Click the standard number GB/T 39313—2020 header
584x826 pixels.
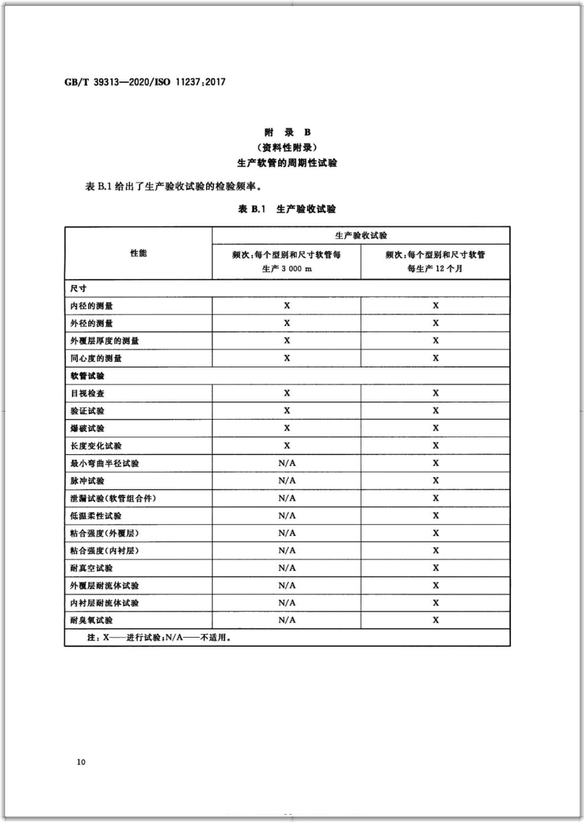(145, 82)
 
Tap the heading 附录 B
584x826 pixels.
(287, 132)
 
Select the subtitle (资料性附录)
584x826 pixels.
(287, 148)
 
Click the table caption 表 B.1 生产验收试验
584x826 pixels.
(287, 209)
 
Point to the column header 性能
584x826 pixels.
(138, 253)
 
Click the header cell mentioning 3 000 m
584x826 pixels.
(287, 262)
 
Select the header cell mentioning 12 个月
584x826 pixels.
(435, 262)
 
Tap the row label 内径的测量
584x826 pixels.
(91, 306)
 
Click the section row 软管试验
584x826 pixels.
(88, 376)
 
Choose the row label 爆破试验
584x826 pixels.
(88, 428)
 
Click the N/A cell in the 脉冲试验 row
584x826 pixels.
(287, 481)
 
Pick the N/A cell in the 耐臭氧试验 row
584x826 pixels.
(287, 620)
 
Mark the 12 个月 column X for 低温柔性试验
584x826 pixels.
(435, 516)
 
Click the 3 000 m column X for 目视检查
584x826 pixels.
(287, 393)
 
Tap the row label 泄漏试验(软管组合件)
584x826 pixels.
(113, 498)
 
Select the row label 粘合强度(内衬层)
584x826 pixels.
(104, 551)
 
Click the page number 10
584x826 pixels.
(81, 762)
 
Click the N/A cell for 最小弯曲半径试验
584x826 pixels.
(287, 463)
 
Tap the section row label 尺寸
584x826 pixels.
(78, 288)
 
